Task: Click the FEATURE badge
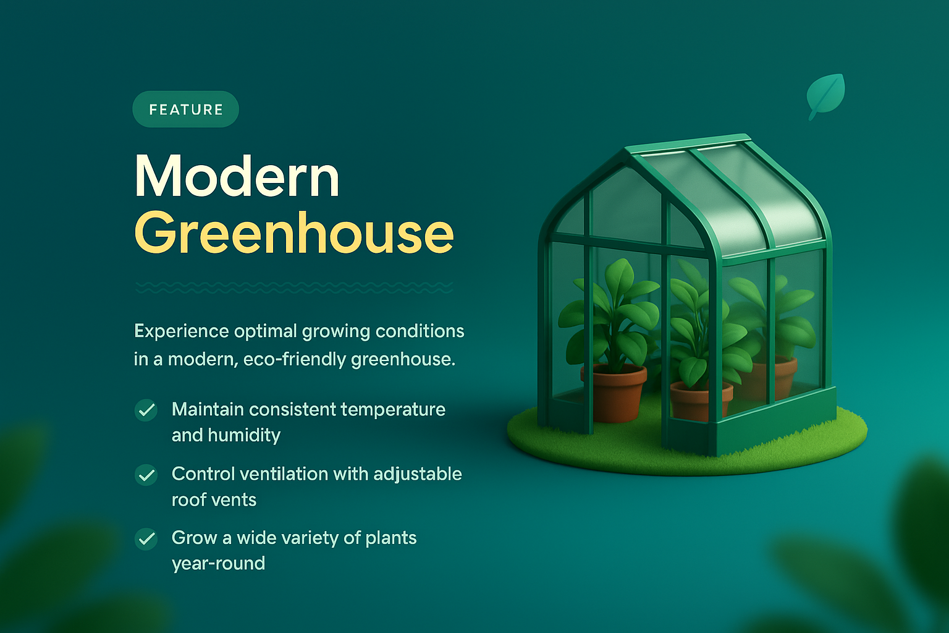pyautogui.click(x=185, y=109)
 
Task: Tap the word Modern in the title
pyautogui.click(x=237, y=177)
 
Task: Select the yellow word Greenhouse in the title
pyautogui.click(x=294, y=233)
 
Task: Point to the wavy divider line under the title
pyautogui.click(x=294, y=287)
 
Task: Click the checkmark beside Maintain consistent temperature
pyautogui.click(x=146, y=410)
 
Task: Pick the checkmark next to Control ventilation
pyautogui.click(x=146, y=475)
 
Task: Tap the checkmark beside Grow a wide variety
pyautogui.click(x=146, y=539)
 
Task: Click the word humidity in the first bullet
pyautogui.click(x=244, y=435)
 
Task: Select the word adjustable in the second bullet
pyautogui.click(x=418, y=474)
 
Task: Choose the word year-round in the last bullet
pyautogui.click(x=218, y=563)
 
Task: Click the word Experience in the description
pyautogui.click(x=182, y=331)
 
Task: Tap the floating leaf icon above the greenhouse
pyautogui.click(x=825, y=95)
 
